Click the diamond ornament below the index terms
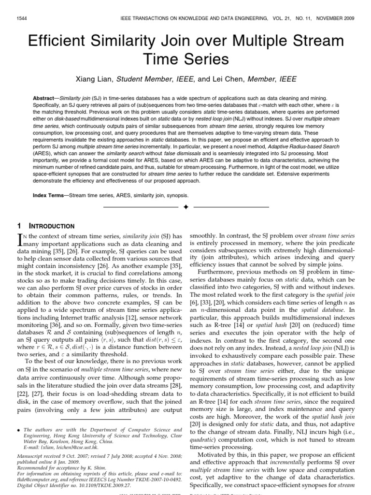click(185, 207)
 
